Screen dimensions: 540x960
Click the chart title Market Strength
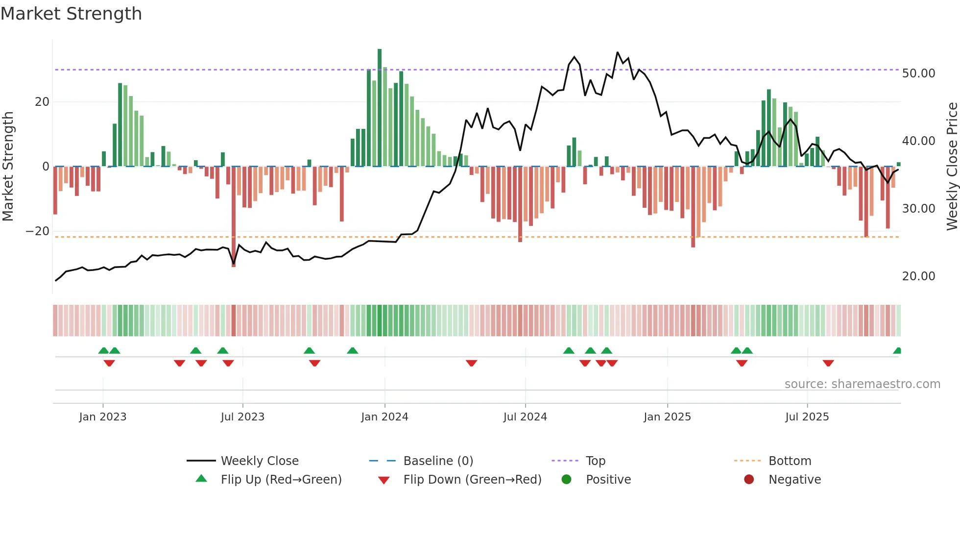tap(71, 14)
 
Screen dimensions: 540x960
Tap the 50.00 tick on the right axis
tap(918, 74)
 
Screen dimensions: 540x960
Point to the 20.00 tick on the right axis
tap(918, 276)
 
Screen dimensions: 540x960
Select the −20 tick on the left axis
tap(38, 231)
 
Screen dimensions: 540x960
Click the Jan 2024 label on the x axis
tap(384, 417)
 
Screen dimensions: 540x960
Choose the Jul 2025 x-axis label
tap(807, 417)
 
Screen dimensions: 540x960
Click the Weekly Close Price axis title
tap(952, 167)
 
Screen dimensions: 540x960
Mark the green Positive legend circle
tap(567, 480)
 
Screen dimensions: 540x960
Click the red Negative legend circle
tap(749, 480)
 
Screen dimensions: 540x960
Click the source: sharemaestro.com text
tap(862, 384)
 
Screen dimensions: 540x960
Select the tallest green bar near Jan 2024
tap(380, 108)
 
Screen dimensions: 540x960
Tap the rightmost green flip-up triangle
tap(897, 351)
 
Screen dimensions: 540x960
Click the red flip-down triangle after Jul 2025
tap(828, 363)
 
